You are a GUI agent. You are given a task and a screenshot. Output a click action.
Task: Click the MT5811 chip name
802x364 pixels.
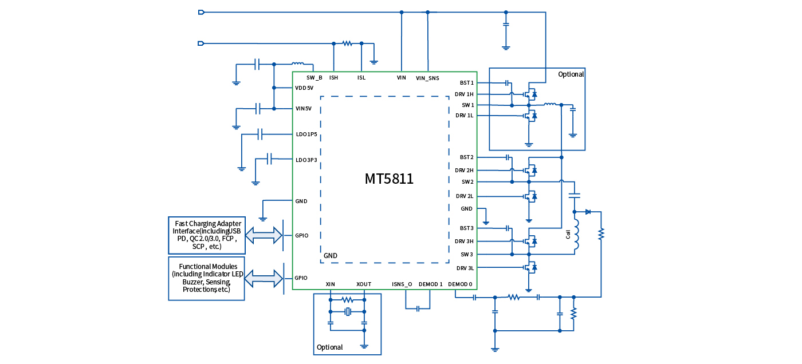tap(389, 179)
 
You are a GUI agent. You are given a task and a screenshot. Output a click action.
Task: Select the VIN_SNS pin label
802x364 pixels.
tap(427, 78)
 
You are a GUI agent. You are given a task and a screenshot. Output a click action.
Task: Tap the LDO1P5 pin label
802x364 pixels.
tap(306, 134)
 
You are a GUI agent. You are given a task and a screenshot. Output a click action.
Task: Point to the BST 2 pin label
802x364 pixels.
tap(467, 157)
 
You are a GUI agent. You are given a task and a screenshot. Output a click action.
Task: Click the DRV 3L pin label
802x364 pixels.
tap(465, 268)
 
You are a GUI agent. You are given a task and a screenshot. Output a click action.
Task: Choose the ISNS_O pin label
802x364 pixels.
tap(402, 284)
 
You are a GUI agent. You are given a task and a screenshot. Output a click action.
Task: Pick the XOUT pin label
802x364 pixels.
tap(364, 284)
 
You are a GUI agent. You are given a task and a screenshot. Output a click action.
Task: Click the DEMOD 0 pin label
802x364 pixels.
tap(460, 284)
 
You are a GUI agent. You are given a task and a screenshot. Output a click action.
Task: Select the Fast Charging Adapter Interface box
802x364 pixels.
tap(207, 235)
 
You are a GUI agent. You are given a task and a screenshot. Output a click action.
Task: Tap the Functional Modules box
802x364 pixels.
tap(207, 278)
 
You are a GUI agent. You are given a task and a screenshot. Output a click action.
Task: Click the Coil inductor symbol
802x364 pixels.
tap(577, 235)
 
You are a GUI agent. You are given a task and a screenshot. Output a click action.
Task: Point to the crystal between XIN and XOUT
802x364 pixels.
tap(347, 311)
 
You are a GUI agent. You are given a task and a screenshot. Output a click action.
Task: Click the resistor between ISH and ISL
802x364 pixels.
tap(347, 43)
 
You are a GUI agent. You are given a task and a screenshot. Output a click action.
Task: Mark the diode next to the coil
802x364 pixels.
tap(588, 212)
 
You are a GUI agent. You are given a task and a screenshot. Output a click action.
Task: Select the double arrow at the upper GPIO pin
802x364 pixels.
tap(264, 235)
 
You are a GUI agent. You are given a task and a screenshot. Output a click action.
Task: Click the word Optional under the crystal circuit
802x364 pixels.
tap(330, 347)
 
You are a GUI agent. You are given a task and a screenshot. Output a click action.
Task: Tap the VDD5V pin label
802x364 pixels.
tap(304, 88)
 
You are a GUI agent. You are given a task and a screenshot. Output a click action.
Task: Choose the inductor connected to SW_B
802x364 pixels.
tap(298, 64)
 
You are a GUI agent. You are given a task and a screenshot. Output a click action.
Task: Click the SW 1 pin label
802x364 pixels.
tap(467, 105)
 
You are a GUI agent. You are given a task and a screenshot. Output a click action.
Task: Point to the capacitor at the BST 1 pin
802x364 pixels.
tap(508, 83)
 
